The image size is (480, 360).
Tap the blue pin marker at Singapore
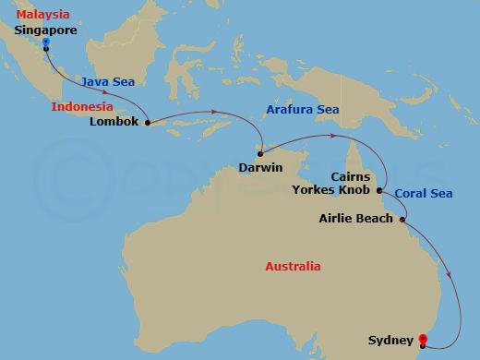46,42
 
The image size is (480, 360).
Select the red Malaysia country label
39,16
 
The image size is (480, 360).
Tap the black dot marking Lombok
148,121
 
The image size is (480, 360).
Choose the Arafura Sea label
302,109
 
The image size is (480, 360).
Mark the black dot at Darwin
261,153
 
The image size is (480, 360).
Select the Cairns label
350,176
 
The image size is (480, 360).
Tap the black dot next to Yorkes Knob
379,190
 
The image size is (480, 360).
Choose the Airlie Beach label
356,219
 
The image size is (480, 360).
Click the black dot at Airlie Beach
403,219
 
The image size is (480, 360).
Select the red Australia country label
293,267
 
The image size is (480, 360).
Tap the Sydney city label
388,340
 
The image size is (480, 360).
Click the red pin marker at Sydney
424,341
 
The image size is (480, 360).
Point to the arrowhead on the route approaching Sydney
451,274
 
